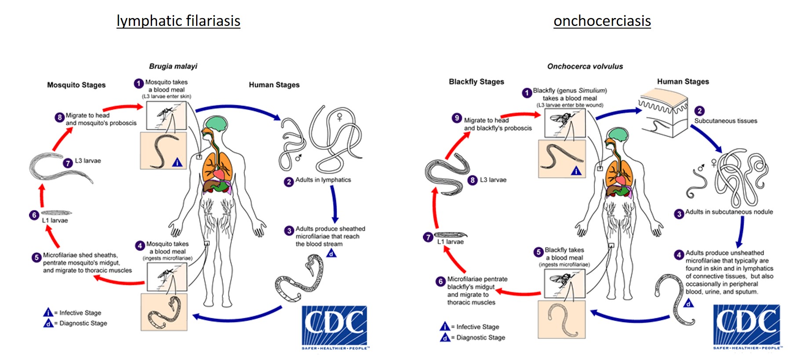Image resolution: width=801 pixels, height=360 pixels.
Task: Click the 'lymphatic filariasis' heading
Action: point(178,21)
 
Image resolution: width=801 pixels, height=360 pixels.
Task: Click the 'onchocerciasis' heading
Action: point(602,21)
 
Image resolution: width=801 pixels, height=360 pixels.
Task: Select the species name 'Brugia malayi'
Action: point(173,66)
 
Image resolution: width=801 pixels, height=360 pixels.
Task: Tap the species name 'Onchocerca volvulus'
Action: point(585,66)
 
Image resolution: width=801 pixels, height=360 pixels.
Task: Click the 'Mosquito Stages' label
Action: point(76,85)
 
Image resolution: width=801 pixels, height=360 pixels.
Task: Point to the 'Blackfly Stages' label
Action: point(476,82)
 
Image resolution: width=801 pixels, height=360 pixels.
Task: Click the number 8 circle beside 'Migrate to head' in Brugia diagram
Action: point(59,117)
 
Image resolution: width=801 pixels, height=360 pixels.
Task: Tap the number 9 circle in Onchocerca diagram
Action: point(457,118)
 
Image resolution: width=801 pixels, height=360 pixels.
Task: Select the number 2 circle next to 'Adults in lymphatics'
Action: point(288,182)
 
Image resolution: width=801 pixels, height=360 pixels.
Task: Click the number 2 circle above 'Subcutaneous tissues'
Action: point(699,111)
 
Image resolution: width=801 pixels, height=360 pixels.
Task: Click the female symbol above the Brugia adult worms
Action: point(339,117)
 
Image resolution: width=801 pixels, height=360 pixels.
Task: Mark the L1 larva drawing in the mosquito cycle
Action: point(56,213)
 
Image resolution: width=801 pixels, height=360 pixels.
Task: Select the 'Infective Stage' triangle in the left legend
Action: point(48,313)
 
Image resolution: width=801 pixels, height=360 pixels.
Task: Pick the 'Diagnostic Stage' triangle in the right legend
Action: point(445,338)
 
